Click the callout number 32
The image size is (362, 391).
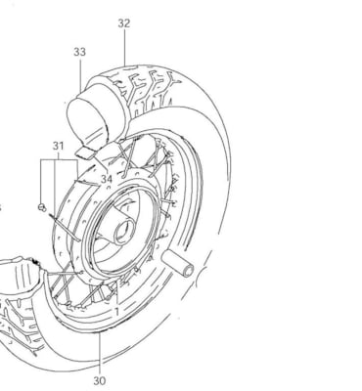coord(123,22)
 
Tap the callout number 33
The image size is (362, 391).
coord(79,52)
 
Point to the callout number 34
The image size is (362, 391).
coord(106,180)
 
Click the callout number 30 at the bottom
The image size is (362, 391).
coord(100,380)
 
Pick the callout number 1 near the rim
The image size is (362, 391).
coord(116,311)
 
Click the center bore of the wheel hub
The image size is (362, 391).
coord(122,233)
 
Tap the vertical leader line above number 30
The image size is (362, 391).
coord(100,352)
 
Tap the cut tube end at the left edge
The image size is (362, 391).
coord(15,269)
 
